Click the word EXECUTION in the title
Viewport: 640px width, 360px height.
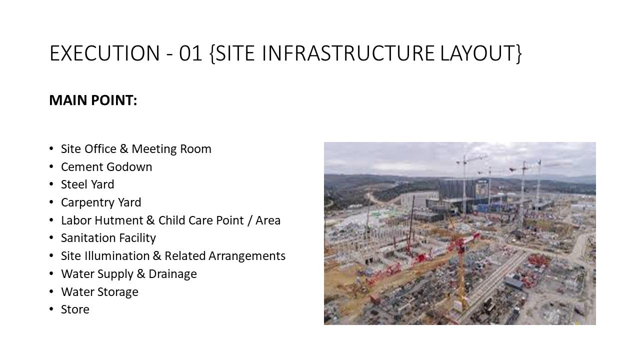point(104,53)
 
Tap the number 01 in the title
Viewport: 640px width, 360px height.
point(190,53)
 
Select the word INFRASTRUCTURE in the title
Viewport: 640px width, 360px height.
point(348,53)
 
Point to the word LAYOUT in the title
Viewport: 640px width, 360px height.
point(477,53)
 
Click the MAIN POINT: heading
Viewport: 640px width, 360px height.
point(93,100)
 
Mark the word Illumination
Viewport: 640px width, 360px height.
point(117,256)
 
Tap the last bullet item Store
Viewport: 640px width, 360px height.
point(75,309)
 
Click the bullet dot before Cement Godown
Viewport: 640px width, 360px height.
point(51,166)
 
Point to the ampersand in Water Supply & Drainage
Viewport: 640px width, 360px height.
point(141,274)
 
